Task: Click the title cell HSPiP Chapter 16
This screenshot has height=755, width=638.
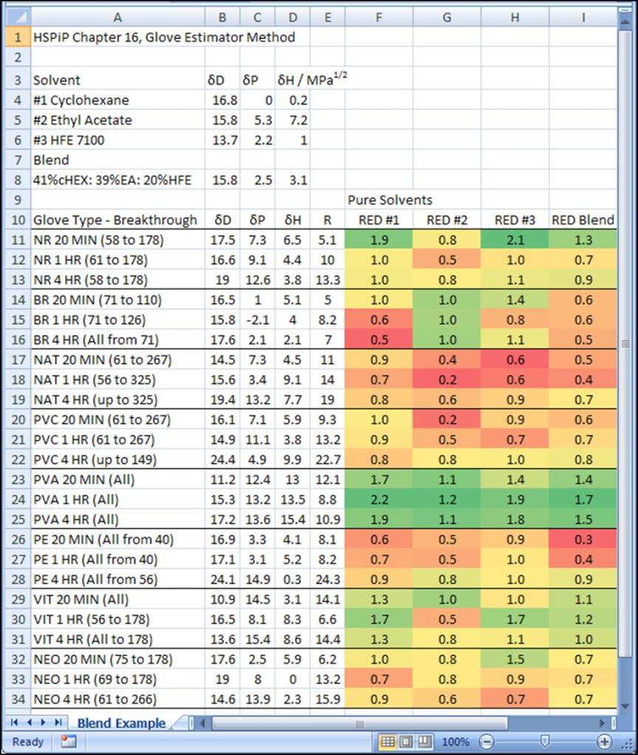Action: (x=164, y=37)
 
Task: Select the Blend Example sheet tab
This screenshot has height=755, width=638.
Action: (x=121, y=723)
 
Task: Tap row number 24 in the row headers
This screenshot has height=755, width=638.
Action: (x=15, y=499)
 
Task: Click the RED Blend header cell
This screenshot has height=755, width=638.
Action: (x=583, y=219)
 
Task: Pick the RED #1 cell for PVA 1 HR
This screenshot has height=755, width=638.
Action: (x=378, y=499)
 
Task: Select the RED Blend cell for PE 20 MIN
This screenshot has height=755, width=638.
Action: (x=583, y=539)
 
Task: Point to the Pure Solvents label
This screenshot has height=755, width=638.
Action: (x=390, y=199)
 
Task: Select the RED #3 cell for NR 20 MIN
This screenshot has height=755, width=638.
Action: (x=515, y=240)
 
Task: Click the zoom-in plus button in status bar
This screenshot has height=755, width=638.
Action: (x=605, y=741)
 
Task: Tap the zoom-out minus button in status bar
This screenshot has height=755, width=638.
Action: (x=487, y=741)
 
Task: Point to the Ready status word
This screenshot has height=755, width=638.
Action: (x=28, y=741)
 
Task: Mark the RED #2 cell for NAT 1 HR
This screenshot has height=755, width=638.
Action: (x=447, y=379)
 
